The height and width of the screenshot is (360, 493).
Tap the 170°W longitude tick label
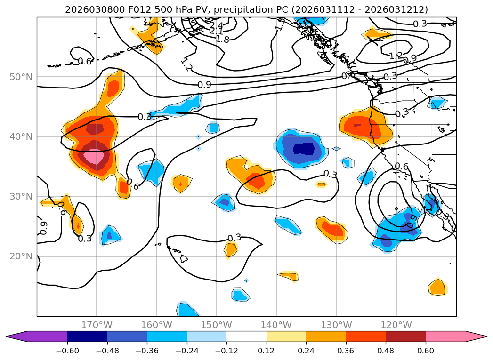97,325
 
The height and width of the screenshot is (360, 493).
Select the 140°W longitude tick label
276,325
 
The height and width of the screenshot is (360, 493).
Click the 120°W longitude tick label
396,325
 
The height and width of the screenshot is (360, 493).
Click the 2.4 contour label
216,25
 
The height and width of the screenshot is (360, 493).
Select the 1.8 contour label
222,39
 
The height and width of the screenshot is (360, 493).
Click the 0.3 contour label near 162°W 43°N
145,117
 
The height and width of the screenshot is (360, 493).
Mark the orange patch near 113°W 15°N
437,287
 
